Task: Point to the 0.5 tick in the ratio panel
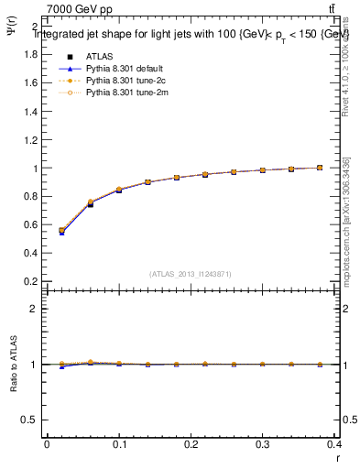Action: point(27,420)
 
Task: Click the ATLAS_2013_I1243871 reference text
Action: point(191,273)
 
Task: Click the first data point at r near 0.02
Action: point(61,231)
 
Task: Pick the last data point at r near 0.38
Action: point(320,168)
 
